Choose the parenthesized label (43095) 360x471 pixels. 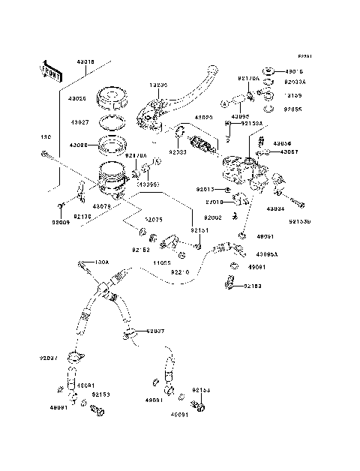click(146, 184)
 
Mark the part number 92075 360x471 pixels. click(154, 220)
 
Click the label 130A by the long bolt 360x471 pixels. click(102, 262)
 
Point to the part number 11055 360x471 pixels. click(163, 263)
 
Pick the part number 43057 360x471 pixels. click(289, 152)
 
